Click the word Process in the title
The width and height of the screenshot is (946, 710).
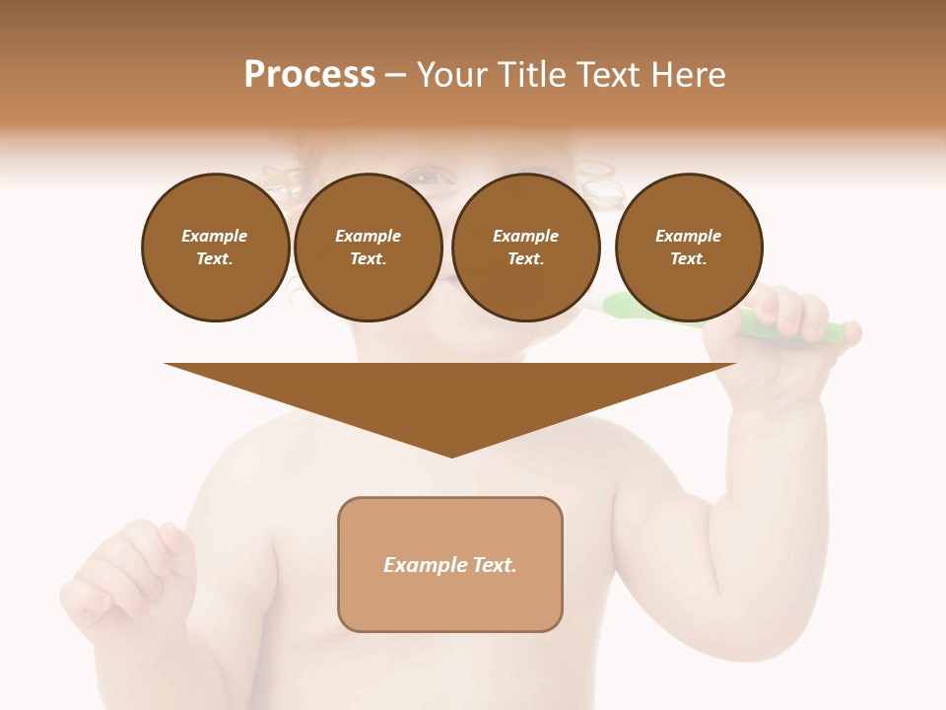[x=309, y=75]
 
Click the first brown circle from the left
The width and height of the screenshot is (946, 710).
[x=216, y=248]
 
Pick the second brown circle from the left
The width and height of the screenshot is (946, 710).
[x=369, y=248]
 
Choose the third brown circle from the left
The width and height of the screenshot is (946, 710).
[x=526, y=248]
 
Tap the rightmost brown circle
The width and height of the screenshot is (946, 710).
[x=689, y=248]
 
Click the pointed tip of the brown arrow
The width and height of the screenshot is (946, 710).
[x=451, y=455]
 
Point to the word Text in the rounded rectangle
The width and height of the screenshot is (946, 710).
[x=494, y=565]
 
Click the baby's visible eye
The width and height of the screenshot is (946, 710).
[x=425, y=178]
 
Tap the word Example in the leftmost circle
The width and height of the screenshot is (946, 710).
[x=215, y=236]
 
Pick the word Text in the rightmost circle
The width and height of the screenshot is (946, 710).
[x=687, y=259]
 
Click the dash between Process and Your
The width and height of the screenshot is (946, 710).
[x=396, y=76]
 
